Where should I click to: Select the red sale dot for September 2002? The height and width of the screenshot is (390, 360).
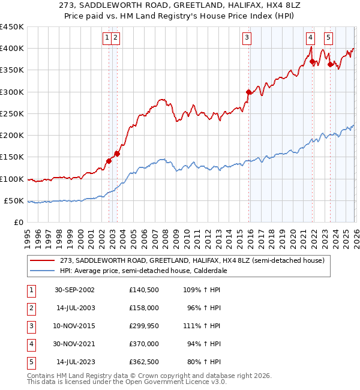109,161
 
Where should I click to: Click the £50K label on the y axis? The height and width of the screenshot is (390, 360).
14,201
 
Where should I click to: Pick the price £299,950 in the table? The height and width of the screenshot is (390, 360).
144,326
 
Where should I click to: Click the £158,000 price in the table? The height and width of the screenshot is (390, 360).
144,308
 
